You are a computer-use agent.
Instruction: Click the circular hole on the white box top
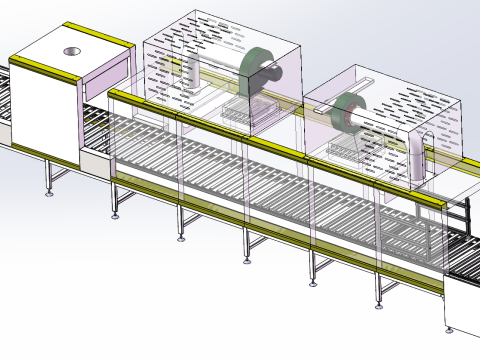click(x=73, y=50)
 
